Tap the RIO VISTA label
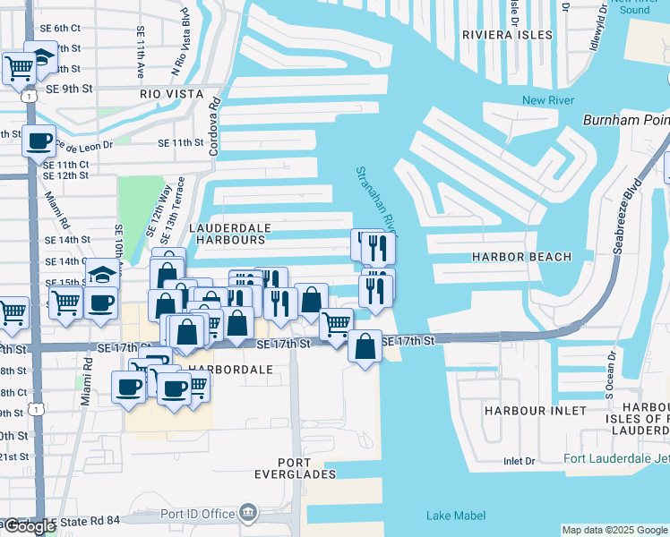(x=173, y=93)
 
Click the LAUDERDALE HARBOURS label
(x=228, y=234)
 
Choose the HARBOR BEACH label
(x=521, y=257)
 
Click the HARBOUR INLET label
(x=535, y=411)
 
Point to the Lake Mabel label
(x=456, y=516)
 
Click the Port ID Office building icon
(x=248, y=514)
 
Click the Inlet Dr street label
(x=519, y=461)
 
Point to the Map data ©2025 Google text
(x=614, y=530)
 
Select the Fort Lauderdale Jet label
(x=616, y=460)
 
